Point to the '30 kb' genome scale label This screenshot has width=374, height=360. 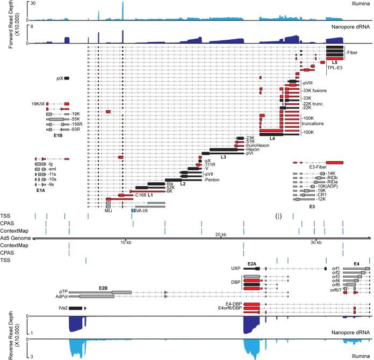pos(317,241)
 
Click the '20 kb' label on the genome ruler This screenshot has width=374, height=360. pos(221,235)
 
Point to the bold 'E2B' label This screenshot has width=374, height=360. pos(103,288)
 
